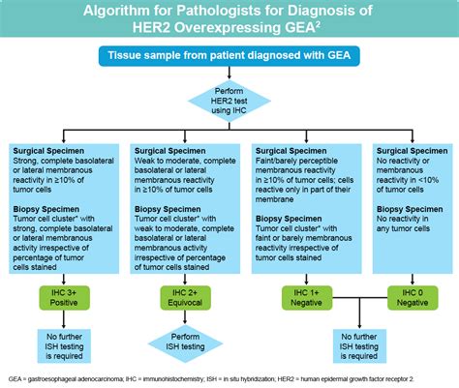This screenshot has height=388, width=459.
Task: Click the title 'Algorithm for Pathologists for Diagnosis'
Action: pos(229,12)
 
